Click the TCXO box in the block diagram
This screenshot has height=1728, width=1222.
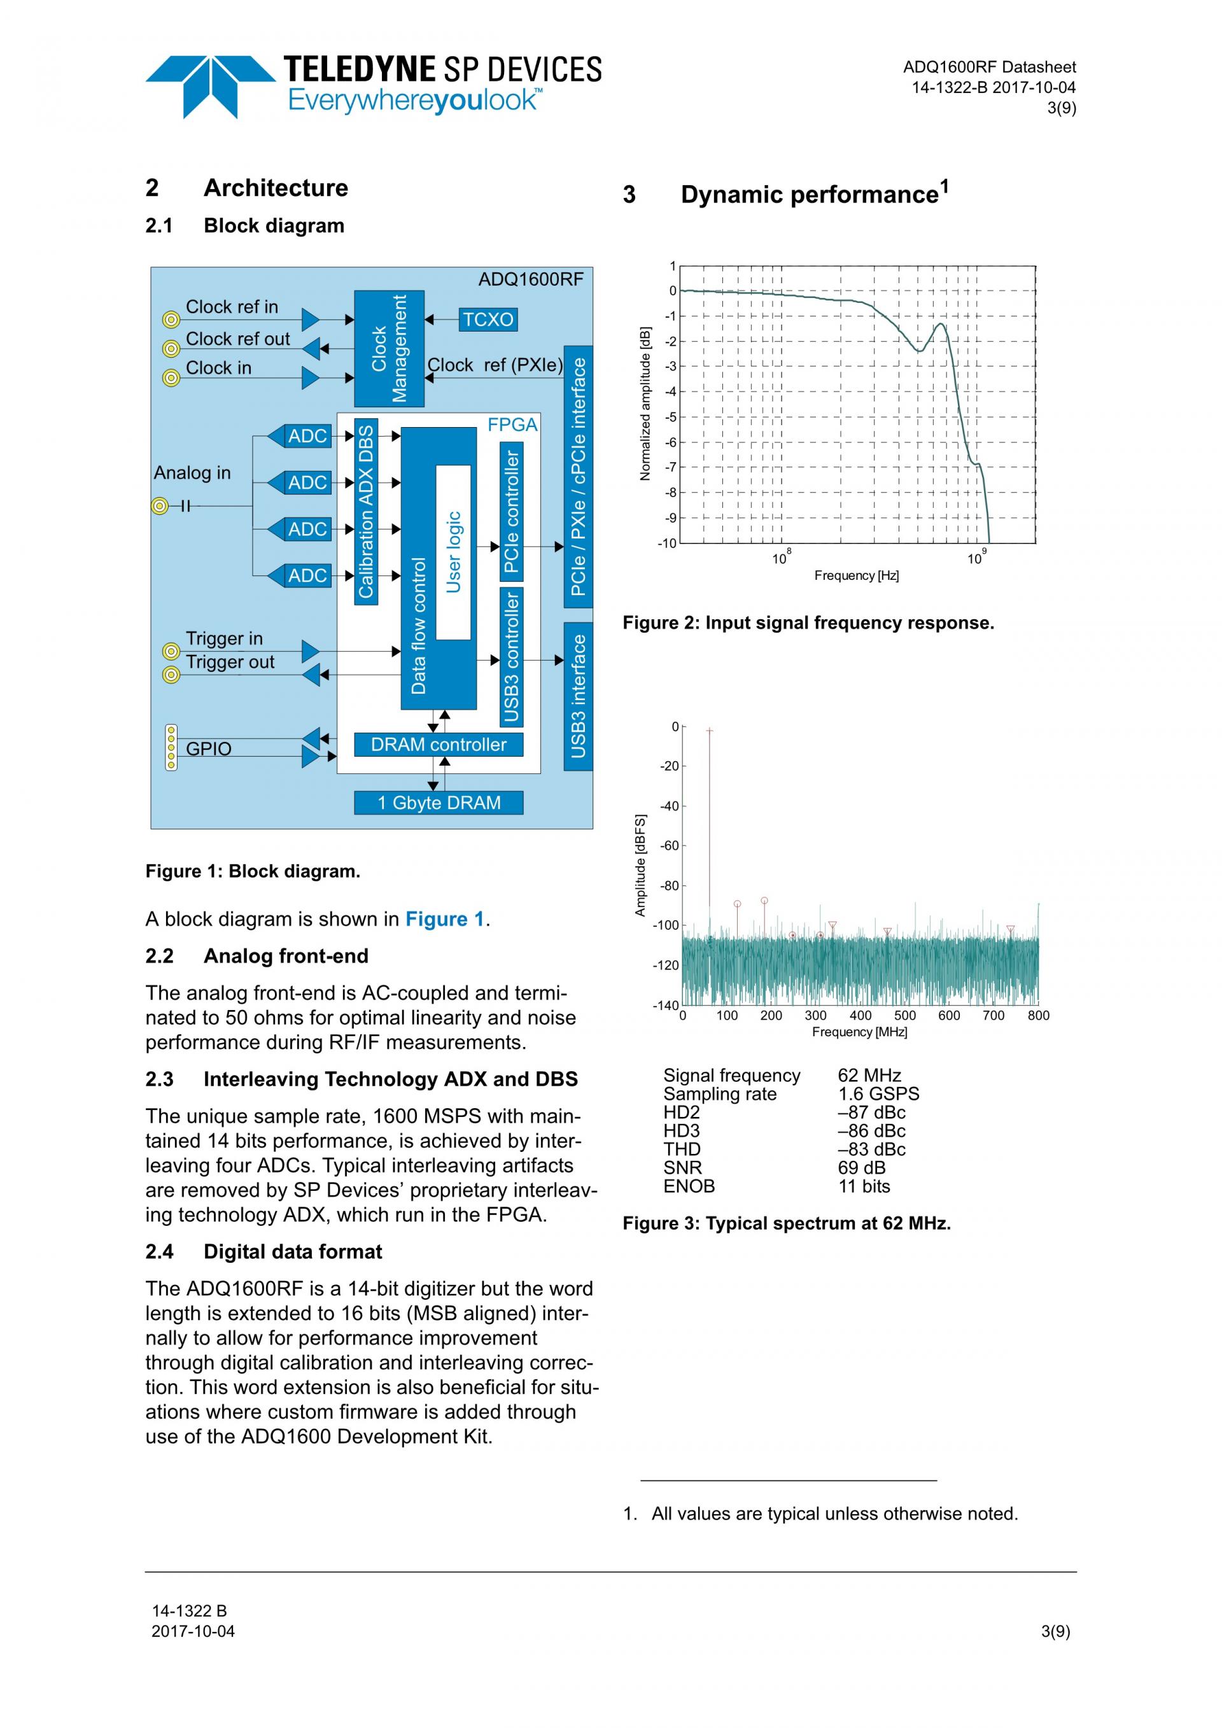[488, 320]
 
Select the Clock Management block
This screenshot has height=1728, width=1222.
[389, 348]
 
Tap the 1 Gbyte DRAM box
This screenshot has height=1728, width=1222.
[439, 803]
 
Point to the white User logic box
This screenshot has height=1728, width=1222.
[453, 552]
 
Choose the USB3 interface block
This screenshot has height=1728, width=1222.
[578, 696]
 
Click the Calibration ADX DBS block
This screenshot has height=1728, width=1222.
[366, 512]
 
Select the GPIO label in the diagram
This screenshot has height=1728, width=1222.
[208, 749]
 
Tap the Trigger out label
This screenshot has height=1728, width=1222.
[230, 663]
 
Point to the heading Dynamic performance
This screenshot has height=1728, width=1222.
[813, 194]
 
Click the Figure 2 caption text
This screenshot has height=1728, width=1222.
[808, 623]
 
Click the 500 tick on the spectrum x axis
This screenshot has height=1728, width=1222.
[904, 1015]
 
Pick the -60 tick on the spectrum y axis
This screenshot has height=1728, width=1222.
[669, 846]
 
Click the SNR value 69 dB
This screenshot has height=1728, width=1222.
[862, 1167]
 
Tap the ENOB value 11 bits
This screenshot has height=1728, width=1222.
[864, 1186]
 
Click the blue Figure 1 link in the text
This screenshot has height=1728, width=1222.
[444, 919]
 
